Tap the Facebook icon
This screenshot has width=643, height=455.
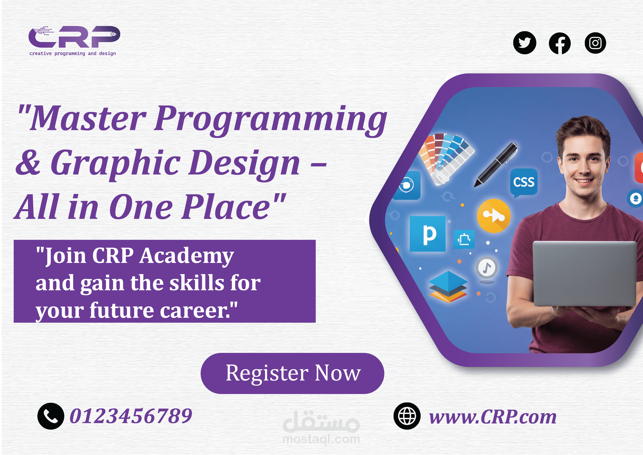[560, 43]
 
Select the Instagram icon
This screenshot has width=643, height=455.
[595, 43]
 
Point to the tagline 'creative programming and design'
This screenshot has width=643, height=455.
[73, 53]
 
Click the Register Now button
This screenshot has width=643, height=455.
[292, 373]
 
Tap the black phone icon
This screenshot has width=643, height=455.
[51, 416]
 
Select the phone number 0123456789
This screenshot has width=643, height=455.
[131, 416]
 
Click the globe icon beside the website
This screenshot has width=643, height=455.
[407, 416]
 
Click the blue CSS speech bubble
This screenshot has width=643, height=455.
[524, 183]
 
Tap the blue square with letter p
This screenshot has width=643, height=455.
[427, 234]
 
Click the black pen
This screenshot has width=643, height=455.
[496, 165]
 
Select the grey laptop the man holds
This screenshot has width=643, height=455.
[585, 273]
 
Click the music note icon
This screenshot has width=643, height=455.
[487, 267]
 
